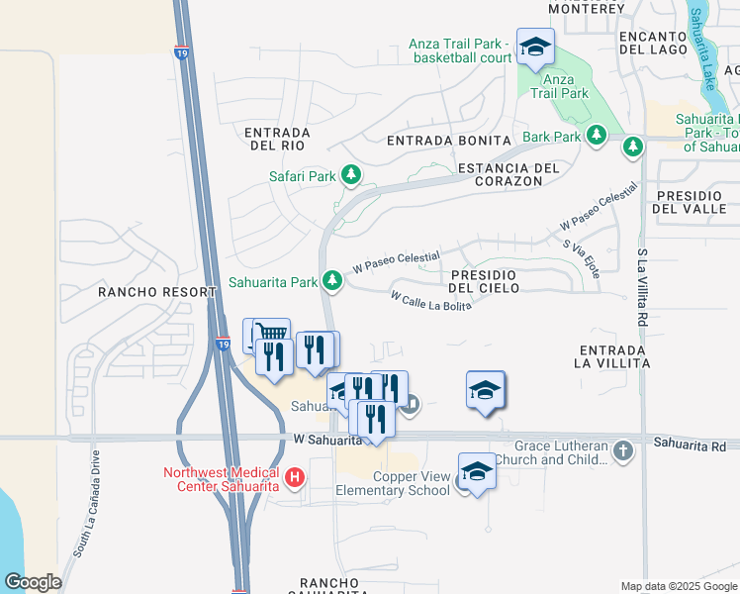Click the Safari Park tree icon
[x=350, y=176]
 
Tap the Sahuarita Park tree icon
[x=333, y=281]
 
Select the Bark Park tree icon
[x=596, y=135]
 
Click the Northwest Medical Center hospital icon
[x=294, y=479]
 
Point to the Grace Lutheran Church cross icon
[x=622, y=451]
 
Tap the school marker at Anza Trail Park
[x=535, y=47]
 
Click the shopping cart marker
[x=271, y=334]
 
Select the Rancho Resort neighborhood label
[x=156, y=292]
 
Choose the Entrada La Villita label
[x=612, y=356]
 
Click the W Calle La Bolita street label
[x=430, y=300]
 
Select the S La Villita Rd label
[x=642, y=286]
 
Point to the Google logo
[x=33, y=581]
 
